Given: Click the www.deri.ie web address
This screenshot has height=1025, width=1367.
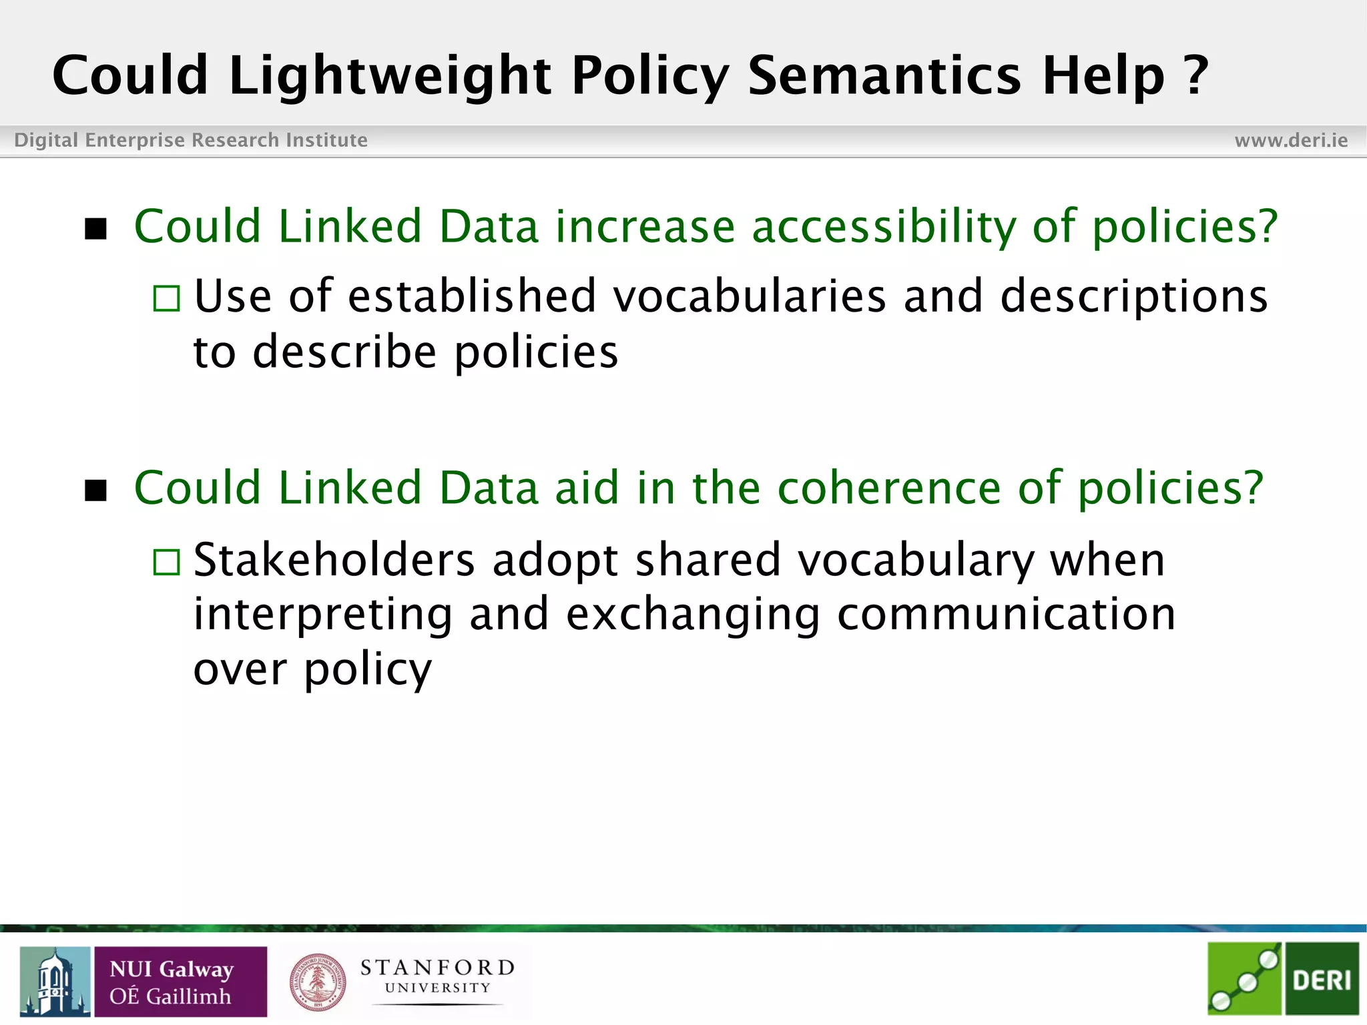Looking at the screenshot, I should pyautogui.click(x=1291, y=140).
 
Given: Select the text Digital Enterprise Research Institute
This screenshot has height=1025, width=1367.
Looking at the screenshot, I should pyautogui.click(x=191, y=140).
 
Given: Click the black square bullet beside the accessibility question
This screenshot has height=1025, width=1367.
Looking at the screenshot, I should pyautogui.click(x=96, y=229).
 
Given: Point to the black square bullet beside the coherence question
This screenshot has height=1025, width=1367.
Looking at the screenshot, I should pyautogui.click(x=96, y=490).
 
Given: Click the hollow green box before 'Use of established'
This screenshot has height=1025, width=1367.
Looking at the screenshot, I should pyautogui.click(x=166, y=298).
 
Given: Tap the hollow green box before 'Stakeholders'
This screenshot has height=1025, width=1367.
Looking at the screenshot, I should pyautogui.click(x=166, y=562).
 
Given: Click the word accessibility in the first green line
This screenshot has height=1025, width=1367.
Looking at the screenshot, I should pyautogui.click(x=884, y=227).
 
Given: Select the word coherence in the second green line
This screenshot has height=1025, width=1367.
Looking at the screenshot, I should pyautogui.click(x=889, y=488).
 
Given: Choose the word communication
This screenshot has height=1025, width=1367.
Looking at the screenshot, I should pyautogui.click(x=1006, y=614).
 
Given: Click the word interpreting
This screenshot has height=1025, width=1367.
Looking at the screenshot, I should pyautogui.click(x=323, y=615).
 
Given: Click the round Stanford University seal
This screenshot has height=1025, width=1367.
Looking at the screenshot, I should pyautogui.click(x=318, y=982).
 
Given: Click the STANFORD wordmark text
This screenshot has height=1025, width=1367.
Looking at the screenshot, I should pyautogui.click(x=437, y=967).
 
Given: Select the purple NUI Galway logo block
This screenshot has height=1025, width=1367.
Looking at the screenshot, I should pyautogui.click(x=180, y=982).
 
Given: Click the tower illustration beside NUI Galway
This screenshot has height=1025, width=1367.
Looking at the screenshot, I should pyautogui.click(x=55, y=982).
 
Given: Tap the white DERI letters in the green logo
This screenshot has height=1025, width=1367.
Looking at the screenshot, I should pyautogui.click(x=1322, y=980).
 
